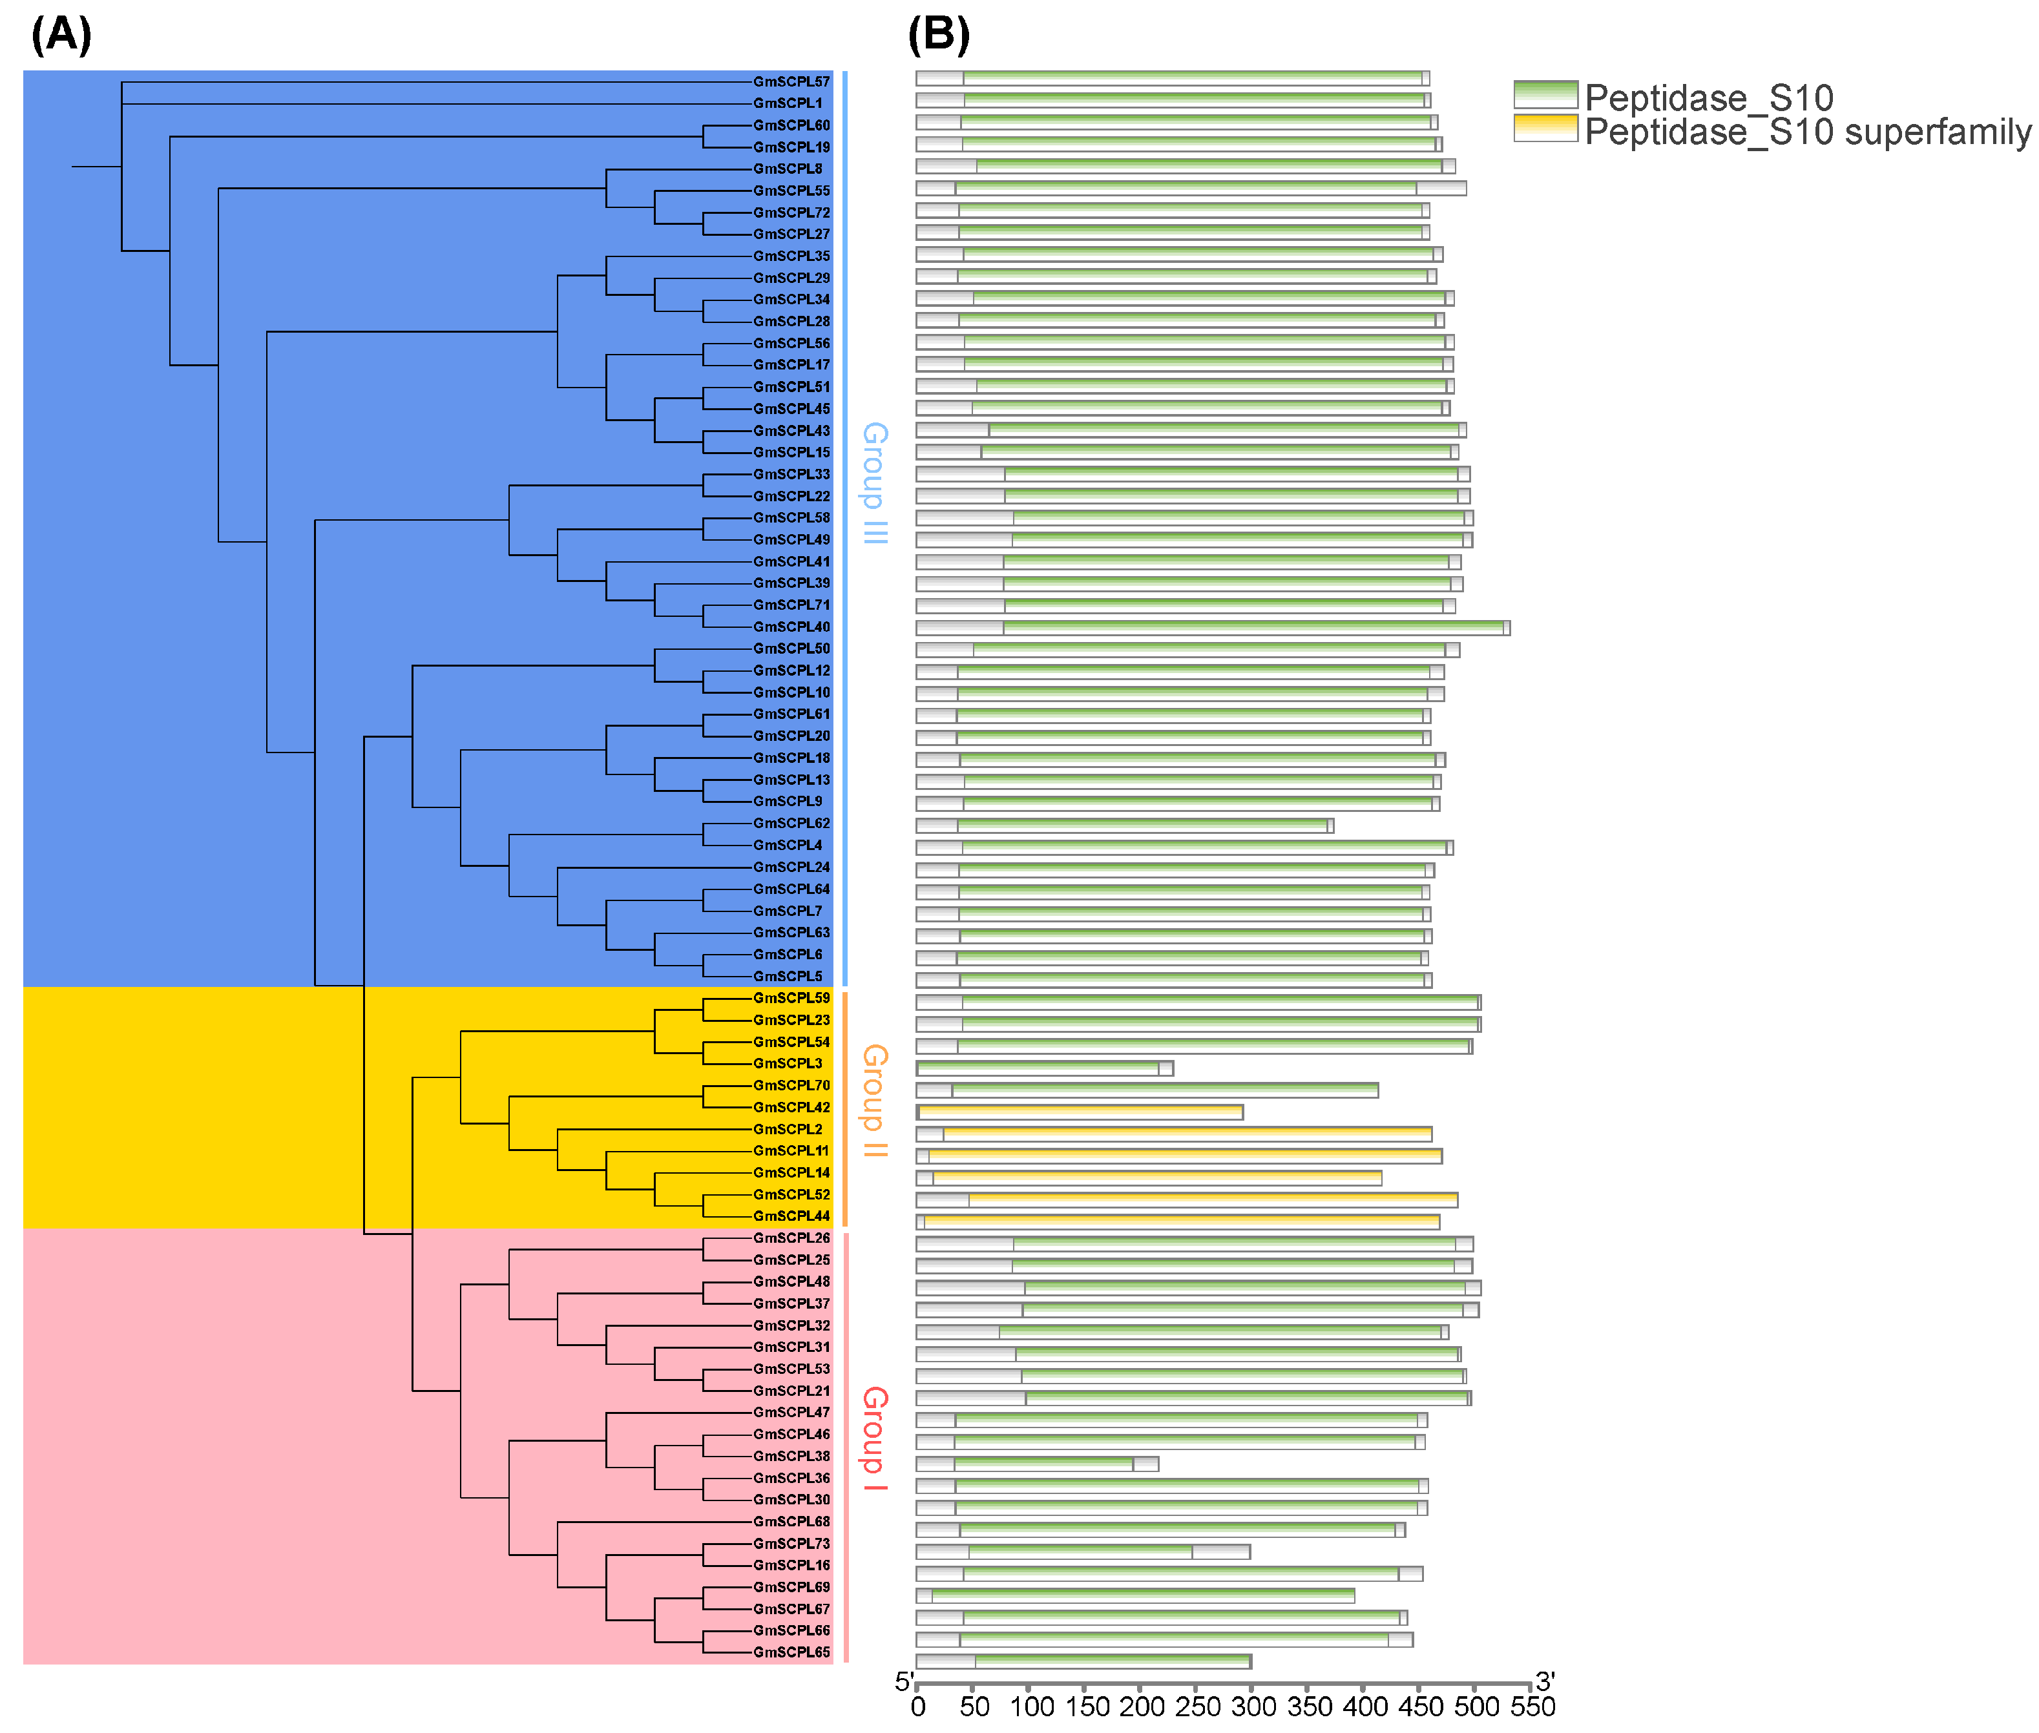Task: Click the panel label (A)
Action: point(61,36)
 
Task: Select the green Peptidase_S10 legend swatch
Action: point(1545,94)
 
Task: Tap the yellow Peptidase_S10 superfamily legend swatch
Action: point(1545,129)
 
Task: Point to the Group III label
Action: point(873,483)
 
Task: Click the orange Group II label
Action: point(873,1100)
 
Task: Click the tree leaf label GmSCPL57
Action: point(791,81)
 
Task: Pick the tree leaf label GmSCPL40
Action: point(791,627)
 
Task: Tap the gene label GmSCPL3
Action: point(787,1063)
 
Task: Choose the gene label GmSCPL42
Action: point(791,1107)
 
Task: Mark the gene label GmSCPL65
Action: point(791,1652)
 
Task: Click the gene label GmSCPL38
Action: point(791,1456)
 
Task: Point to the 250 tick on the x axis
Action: point(1197,1707)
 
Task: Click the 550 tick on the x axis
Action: point(1532,1707)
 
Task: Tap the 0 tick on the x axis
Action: point(918,1707)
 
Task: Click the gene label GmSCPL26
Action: point(791,1238)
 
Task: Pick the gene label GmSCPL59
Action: point(791,998)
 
